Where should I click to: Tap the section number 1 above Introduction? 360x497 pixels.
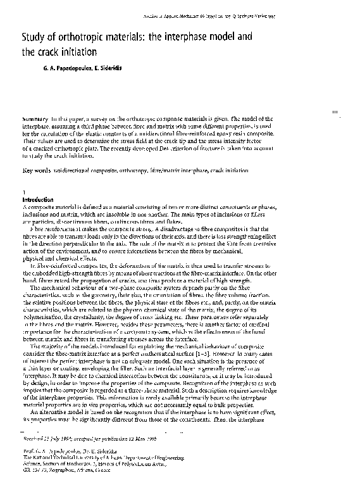click(x=23, y=192)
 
